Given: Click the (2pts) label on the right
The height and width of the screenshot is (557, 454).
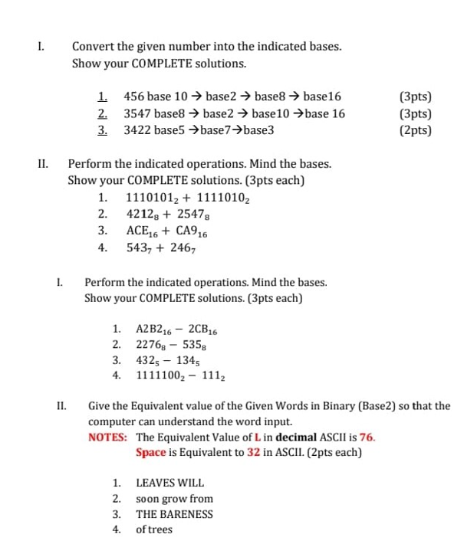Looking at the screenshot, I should point(416,130).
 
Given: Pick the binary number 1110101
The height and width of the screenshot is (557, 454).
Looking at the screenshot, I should point(151,198).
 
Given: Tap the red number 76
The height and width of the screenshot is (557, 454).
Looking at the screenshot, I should point(366,437).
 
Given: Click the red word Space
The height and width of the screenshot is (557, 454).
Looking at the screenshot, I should point(151,452).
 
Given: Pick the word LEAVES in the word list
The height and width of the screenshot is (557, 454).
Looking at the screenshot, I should point(154,483).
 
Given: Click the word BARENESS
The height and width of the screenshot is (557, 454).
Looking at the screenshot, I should point(186,515).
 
